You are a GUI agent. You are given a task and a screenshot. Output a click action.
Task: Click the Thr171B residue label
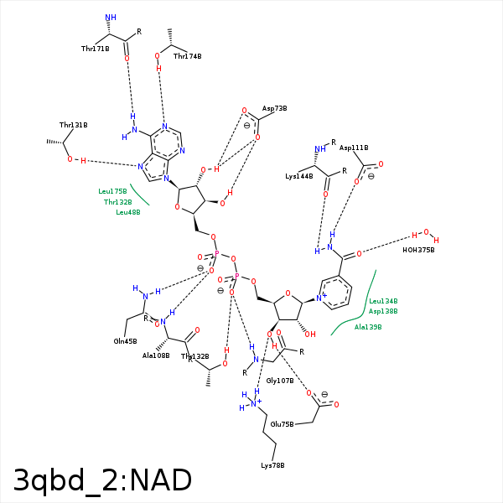tap(96, 49)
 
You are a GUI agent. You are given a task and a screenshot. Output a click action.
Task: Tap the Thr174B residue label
tap(187, 56)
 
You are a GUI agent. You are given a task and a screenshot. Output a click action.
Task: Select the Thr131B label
tap(73, 125)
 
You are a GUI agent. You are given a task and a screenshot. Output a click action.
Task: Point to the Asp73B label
tap(274, 109)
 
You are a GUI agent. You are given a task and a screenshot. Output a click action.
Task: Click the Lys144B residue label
tap(298, 176)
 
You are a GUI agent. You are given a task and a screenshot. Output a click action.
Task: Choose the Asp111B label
tap(354, 148)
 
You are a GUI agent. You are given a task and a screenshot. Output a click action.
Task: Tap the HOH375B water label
tap(418, 250)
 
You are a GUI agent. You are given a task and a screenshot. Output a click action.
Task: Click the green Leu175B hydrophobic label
tap(112, 191)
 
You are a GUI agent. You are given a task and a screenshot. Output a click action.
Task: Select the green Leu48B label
tap(127, 212)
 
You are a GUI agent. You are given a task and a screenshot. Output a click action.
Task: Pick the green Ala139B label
tap(368, 327)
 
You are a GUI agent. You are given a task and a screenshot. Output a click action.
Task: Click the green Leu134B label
tap(383, 301)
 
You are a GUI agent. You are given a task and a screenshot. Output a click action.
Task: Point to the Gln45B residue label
tap(125, 341)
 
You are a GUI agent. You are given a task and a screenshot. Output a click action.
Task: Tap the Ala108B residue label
tap(156, 355)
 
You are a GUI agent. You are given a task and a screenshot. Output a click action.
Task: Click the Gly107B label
tap(280, 381)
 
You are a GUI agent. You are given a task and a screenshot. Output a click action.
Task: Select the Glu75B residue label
tap(283, 424)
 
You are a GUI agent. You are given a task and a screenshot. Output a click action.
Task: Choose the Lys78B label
tap(272, 465)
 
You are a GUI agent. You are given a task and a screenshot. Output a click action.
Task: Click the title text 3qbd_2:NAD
tap(102, 480)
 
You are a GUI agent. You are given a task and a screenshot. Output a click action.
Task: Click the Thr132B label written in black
tap(195, 356)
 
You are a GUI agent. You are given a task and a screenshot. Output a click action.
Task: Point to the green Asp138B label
tap(383, 311)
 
